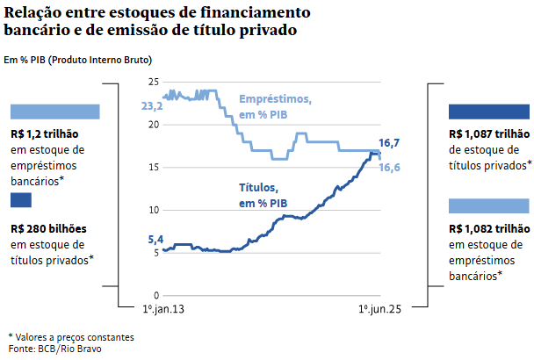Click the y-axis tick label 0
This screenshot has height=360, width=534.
point(155,295)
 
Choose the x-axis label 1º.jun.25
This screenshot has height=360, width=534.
point(379,310)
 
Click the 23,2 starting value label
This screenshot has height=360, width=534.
point(152,105)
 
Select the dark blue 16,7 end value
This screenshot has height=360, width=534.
point(389,142)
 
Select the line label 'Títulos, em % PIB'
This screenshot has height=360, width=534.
point(263,195)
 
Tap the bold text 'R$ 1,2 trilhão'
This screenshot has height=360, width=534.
point(47,134)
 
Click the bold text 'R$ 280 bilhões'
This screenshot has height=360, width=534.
point(48,228)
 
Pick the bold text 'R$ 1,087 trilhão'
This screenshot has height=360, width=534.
point(488,134)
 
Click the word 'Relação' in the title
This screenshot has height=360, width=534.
point(34,12)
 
